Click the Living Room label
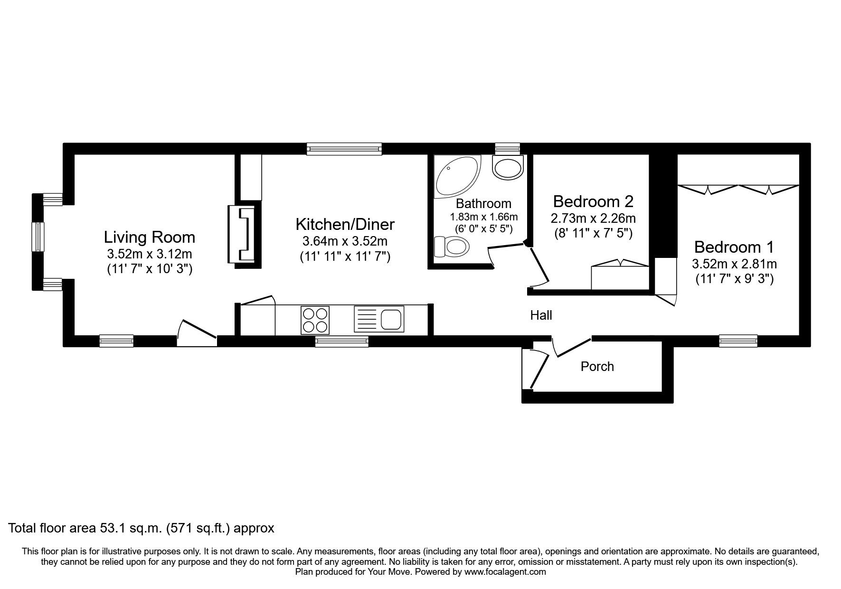click(149, 237)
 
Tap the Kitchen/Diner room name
click(345, 224)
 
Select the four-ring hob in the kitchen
click(315, 320)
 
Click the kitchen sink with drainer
click(379, 320)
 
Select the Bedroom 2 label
click(593, 201)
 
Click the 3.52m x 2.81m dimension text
click(734, 264)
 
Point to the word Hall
click(541, 315)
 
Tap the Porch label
click(597, 366)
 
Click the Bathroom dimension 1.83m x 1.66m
click(483, 217)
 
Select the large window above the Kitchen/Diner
click(344, 149)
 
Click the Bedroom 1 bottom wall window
click(737, 341)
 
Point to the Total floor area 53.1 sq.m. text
click(142, 528)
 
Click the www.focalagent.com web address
click(505, 572)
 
